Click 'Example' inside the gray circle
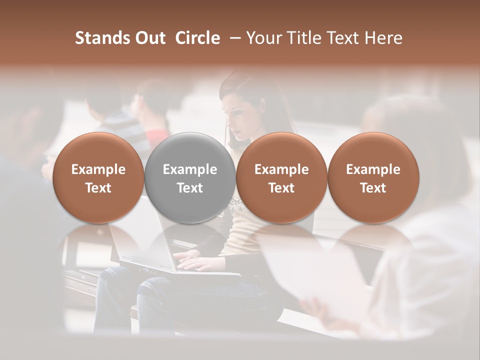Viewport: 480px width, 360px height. point(190,169)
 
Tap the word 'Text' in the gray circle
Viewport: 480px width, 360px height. point(190,188)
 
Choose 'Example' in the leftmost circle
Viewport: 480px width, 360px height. point(98,169)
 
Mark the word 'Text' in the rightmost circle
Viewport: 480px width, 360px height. point(373,188)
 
